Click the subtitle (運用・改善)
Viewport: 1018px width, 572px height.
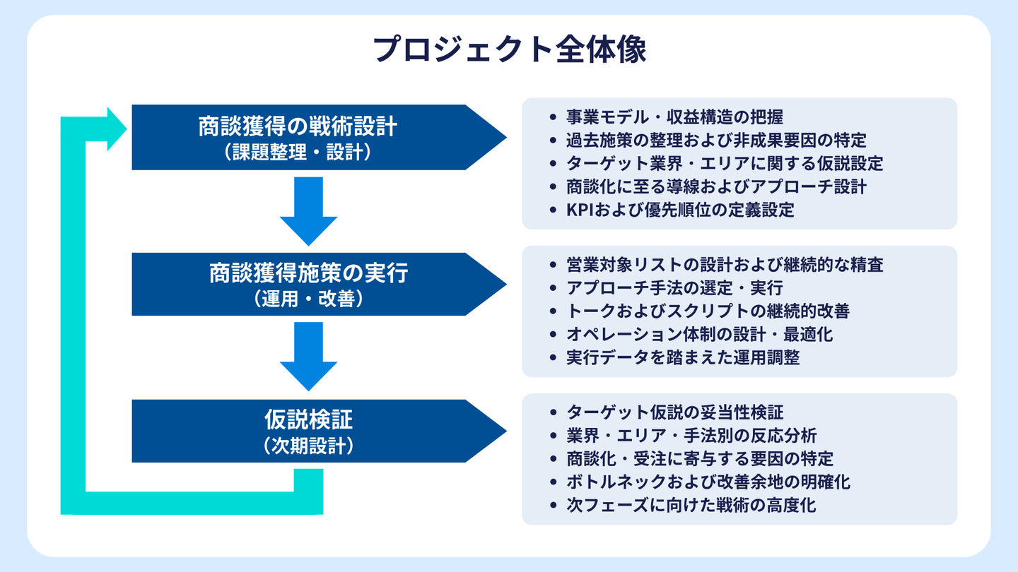[308, 299]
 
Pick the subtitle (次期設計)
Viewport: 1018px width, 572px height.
[308, 446]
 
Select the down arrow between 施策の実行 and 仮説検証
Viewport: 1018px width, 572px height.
[308, 356]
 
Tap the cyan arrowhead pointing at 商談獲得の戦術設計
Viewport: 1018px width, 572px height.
[116, 129]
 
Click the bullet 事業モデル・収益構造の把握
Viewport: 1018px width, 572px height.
[674, 117]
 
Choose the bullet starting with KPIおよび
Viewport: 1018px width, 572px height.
[680, 210]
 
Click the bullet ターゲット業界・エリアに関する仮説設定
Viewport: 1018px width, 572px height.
[725, 163]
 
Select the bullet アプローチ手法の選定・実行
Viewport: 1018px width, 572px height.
[674, 287]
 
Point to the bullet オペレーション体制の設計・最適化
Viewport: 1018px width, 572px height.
[699, 334]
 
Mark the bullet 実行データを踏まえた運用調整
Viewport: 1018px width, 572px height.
[683, 357]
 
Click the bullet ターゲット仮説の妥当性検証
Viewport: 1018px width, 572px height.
[674, 412]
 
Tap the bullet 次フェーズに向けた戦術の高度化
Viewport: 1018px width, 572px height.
[691, 505]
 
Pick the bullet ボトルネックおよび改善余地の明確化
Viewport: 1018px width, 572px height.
[708, 482]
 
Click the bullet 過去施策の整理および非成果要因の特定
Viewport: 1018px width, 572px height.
[716, 140]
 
